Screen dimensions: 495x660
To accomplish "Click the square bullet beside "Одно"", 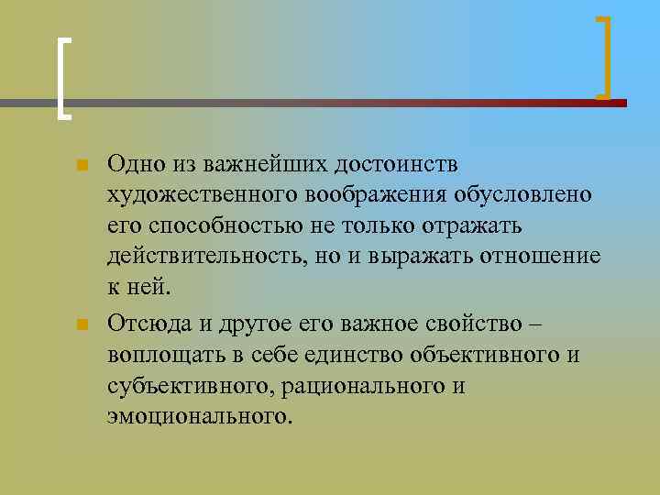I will [x=82, y=166].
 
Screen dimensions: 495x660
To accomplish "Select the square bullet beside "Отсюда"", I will [x=82, y=325].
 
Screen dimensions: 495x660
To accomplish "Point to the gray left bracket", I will [x=61, y=78].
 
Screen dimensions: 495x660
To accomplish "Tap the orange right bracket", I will [x=606, y=56].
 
